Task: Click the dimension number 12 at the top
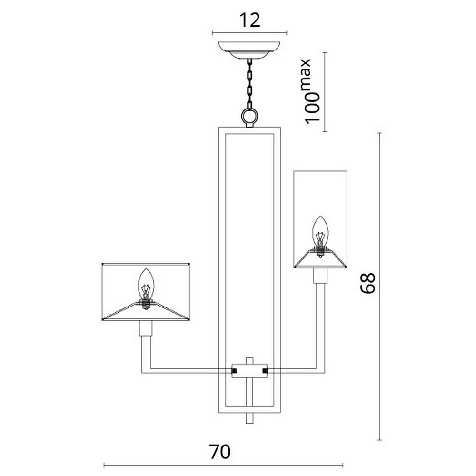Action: pyautogui.click(x=250, y=20)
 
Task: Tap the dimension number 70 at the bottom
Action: pyautogui.click(x=220, y=452)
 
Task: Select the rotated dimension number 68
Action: pyautogui.click(x=367, y=283)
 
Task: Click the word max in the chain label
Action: pyautogui.click(x=307, y=74)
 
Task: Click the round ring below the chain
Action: pyautogui.click(x=249, y=116)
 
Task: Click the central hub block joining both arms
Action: pyautogui.click(x=249, y=371)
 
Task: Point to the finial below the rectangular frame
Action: pyautogui.click(x=249, y=418)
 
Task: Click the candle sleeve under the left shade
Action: pyautogui.click(x=145, y=328)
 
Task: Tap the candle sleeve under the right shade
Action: pyautogui.click(x=320, y=276)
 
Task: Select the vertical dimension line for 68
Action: pyautogui.click(x=379, y=286)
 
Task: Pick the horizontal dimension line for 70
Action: pyautogui.click(x=223, y=465)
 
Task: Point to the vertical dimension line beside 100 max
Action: pyautogui.click(x=325, y=92)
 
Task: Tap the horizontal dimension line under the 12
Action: pyautogui.click(x=249, y=33)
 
